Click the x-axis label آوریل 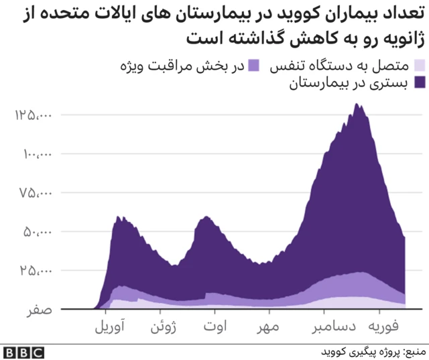[107, 329]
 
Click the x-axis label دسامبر [325, 329]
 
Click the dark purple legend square [420, 83]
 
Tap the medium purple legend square [255, 66]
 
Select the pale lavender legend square [420, 66]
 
